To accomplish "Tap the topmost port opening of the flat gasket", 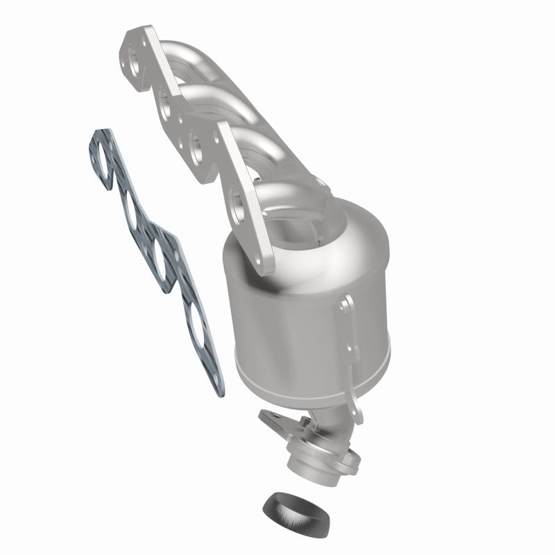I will tap(103, 160).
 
